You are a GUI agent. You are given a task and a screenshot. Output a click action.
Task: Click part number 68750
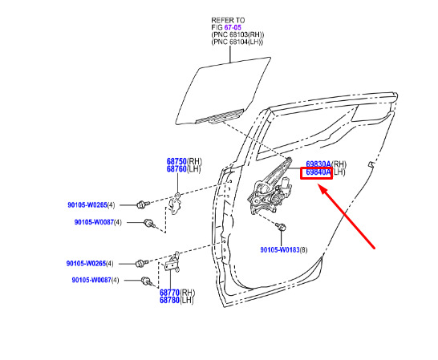pos(176,161)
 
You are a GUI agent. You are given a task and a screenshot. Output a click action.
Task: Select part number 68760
pos(176,169)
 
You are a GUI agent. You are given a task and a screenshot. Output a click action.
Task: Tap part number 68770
pos(169,293)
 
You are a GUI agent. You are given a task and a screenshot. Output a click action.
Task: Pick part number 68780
pos(169,300)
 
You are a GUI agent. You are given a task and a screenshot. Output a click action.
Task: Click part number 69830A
pos(318,164)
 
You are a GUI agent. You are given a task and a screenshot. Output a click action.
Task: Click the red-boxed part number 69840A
pos(318,172)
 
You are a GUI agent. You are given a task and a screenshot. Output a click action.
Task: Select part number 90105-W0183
pos(280,249)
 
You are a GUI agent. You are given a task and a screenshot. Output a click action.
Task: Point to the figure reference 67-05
pos(233,27)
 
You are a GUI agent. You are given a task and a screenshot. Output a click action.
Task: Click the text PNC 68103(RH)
pos(237,34)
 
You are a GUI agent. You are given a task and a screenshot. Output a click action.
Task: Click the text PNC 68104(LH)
pos(237,42)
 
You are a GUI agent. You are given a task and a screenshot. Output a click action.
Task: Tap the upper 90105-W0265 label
pos(87,205)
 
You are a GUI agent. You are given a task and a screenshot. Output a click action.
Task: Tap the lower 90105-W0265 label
pos(86,263)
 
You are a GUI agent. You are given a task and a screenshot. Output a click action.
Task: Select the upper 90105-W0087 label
pos(94,222)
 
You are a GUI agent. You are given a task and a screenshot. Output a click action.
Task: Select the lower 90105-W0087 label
pos(91,280)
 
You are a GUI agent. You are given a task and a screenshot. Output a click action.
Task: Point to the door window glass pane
pos(223,91)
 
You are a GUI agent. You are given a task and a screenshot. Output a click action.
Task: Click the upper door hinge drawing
pos(176,204)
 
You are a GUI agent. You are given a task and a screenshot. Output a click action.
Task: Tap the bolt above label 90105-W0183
pos(281,226)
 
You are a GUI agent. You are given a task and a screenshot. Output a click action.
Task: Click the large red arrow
pos(347,216)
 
